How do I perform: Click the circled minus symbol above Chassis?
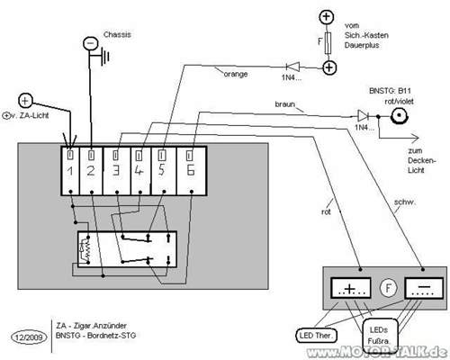pyautogui.click(x=89, y=42)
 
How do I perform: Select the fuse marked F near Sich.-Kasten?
pyautogui.click(x=329, y=41)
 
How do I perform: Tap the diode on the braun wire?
pyautogui.click(x=362, y=115)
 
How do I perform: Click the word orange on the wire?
pyautogui.click(x=236, y=74)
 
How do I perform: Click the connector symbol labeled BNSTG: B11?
pyautogui.click(x=396, y=115)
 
